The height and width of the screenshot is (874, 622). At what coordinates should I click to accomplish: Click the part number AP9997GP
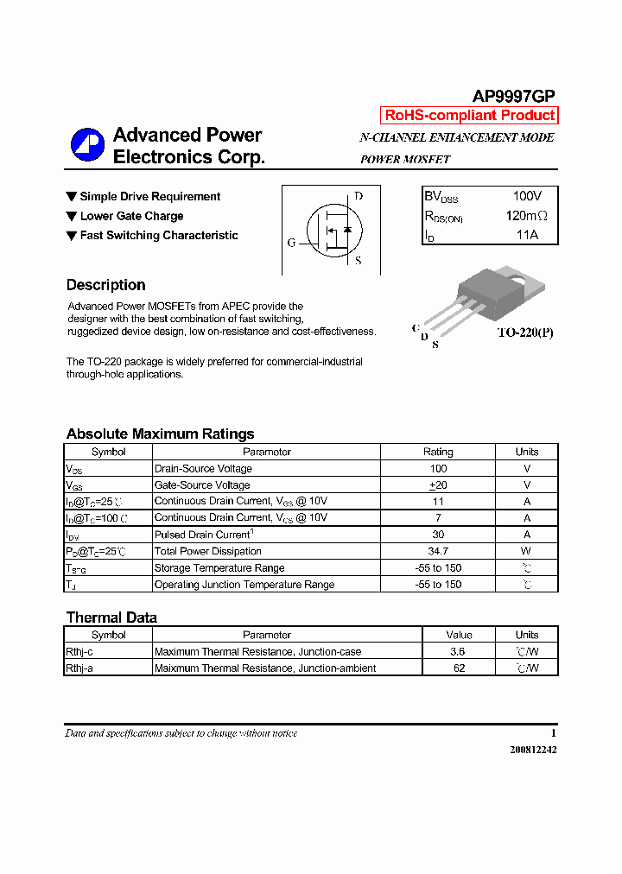click(513, 97)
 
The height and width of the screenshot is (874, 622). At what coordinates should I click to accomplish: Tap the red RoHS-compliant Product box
click(469, 116)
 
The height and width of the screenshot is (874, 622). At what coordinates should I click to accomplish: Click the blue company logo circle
click(87, 145)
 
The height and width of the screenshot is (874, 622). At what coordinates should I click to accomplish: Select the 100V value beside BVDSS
click(527, 197)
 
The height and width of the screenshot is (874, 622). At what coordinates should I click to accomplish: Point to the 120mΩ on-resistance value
click(527, 216)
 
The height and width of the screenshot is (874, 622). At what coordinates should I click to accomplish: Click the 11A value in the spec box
click(527, 235)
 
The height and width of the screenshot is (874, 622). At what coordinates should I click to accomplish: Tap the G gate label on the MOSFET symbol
click(291, 243)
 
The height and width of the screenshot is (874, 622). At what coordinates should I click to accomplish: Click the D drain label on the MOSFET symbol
click(359, 196)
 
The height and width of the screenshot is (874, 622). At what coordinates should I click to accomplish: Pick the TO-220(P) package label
click(525, 332)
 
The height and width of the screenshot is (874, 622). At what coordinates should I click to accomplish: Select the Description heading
click(105, 285)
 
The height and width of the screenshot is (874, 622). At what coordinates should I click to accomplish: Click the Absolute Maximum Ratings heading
click(160, 434)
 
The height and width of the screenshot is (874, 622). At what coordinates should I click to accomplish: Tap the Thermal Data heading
click(111, 617)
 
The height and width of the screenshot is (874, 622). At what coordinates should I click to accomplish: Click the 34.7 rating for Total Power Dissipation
click(438, 551)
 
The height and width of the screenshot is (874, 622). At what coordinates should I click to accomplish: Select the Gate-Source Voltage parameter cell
click(202, 485)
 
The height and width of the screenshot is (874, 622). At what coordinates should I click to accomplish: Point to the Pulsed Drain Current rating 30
click(438, 535)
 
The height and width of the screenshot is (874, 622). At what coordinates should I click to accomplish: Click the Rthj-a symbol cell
click(79, 668)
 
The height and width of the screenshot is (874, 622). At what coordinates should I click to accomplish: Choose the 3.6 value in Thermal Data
click(457, 652)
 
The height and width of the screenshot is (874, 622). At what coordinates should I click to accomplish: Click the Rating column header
click(438, 452)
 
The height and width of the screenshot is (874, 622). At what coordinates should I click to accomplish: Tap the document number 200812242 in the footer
click(533, 750)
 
